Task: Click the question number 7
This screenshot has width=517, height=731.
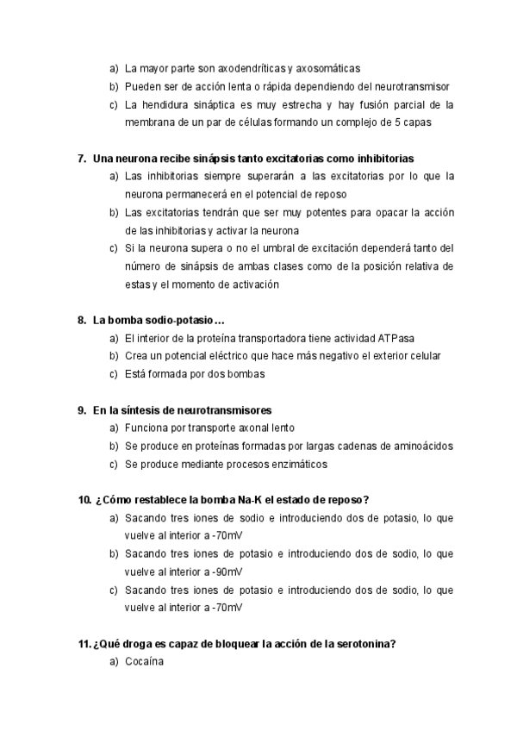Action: tap(81, 159)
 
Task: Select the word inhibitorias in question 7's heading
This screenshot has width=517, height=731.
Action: tap(384, 159)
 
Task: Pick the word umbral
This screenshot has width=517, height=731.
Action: tap(251, 249)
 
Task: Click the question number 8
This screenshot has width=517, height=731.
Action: tap(81, 321)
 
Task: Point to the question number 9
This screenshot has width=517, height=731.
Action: tap(81, 410)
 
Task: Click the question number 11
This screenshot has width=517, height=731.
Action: tap(84, 643)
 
